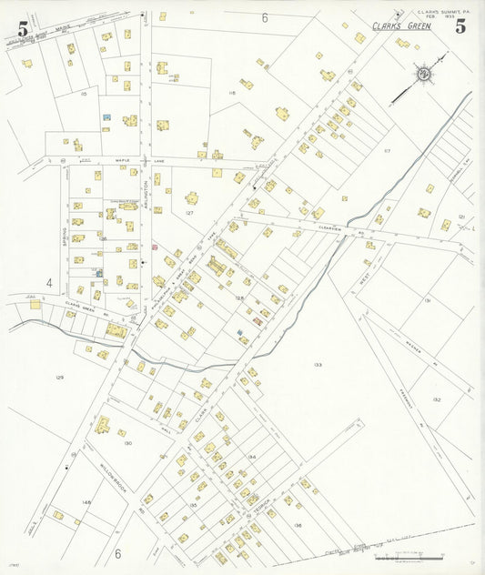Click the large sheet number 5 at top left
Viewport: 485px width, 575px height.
[22, 28]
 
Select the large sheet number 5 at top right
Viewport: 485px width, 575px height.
[461, 25]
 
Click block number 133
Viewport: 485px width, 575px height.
[318, 365]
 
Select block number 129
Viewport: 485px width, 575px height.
[60, 377]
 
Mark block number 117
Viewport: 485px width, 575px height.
[387, 150]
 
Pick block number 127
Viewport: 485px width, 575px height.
[189, 212]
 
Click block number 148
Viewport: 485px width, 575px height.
[86, 501]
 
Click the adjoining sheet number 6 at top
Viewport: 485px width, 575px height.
[265, 17]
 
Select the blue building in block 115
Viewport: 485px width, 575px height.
[107, 117]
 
